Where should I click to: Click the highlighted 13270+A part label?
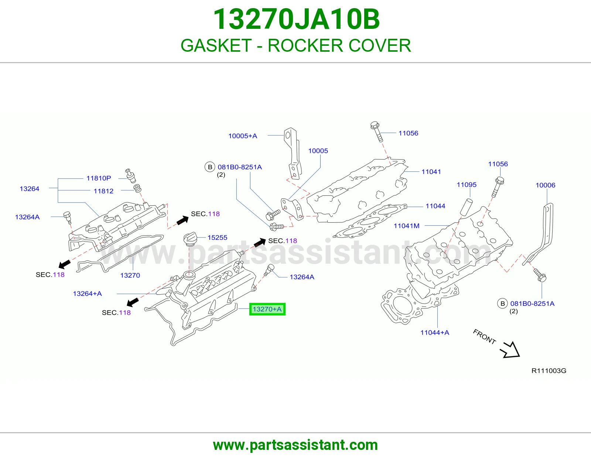coord(267,309)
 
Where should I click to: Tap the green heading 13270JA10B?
coord(296,19)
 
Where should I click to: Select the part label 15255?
coord(217,237)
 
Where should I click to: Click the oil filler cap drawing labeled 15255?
coord(190,239)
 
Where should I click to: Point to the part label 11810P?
coord(99,178)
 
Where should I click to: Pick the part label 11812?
coord(103,191)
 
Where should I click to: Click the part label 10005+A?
coord(243,136)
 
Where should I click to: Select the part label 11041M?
coord(407,226)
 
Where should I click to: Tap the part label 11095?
coord(467,185)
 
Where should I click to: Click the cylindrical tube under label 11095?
coord(466,207)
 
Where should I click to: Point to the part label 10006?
coord(545,185)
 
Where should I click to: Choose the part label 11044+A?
coord(435,332)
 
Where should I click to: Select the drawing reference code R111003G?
coord(549,370)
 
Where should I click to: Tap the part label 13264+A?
coord(87,294)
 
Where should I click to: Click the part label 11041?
coord(431,172)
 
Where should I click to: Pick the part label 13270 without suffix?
coord(130,275)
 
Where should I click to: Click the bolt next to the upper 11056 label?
coord(377,131)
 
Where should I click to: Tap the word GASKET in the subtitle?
coord(216,45)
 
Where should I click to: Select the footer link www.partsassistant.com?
coord(295,445)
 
